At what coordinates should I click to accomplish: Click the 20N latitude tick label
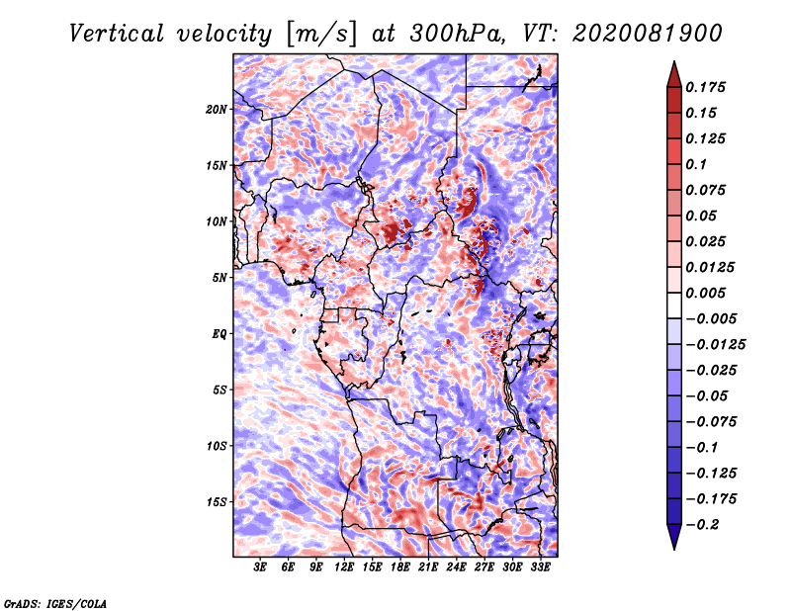pos(217,110)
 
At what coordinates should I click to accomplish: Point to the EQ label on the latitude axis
pos(220,334)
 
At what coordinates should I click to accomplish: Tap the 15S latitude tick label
pos(217,502)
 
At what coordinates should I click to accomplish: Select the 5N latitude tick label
pos(220,278)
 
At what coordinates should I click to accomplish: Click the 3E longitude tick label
pos(260,567)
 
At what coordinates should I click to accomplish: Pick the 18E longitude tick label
pos(400,567)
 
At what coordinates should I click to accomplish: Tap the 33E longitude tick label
pos(540,567)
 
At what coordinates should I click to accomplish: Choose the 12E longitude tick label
pos(344,567)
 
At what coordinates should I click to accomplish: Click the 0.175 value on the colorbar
pos(705,87)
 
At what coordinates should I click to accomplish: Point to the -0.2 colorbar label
pos(702,525)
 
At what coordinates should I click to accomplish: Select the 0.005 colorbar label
pos(705,293)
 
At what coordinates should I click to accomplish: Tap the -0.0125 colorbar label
pos(715,345)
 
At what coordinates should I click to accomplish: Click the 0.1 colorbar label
pos(696,164)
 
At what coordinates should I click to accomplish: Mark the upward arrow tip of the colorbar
pos(674,61)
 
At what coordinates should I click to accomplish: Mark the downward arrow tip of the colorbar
pos(674,549)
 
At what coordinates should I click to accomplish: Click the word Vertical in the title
pos(117,34)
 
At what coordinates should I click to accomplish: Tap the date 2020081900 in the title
pos(648,34)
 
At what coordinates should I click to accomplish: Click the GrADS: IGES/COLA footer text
pos(55,603)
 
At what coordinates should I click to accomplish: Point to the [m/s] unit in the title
pos(321,34)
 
